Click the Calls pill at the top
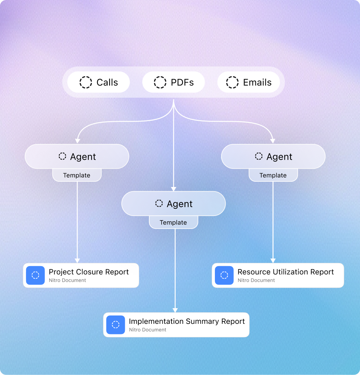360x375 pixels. pyautogui.click(x=99, y=83)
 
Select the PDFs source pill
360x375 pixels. pyautogui.click(x=174, y=83)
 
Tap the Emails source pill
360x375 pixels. pyautogui.click(x=249, y=83)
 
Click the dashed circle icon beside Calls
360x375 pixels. pyautogui.click(x=86, y=83)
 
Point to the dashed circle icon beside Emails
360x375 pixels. pyautogui.click(x=232, y=83)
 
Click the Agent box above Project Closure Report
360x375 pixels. pyautogui.click(x=77, y=157)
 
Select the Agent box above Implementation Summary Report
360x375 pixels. pyautogui.click(x=174, y=204)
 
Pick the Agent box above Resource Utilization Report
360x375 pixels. pyautogui.click(x=273, y=157)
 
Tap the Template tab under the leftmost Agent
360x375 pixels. pyautogui.click(x=77, y=175)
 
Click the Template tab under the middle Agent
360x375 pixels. pyautogui.click(x=174, y=223)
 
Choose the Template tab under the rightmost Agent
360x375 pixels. pyautogui.click(x=273, y=175)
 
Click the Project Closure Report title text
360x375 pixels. pyautogui.click(x=89, y=272)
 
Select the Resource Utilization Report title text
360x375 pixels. pyautogui.click(x=285, y=272)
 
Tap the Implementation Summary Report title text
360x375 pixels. pyautogui.click(x=186, y=321)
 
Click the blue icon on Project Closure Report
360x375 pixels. pyautogui.click(x=35, y=275)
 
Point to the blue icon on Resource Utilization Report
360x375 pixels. pyautogui.click(x=224, y=275)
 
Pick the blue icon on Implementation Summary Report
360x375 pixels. pyautogui.click(x=116, y=325)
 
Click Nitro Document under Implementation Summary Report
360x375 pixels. pyautogui.click(x=148, y=330)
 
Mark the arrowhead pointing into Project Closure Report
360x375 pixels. pyautogui.click(x=77, y=261)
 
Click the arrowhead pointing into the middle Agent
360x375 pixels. pyautogui.click(x=174, y=189)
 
